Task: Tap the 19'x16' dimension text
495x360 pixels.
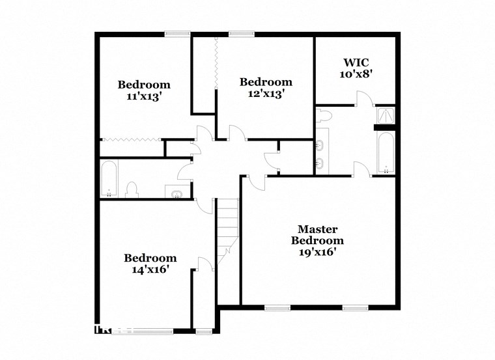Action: click(x=317, y=252)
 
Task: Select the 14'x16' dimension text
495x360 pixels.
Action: click(x=150, y=269)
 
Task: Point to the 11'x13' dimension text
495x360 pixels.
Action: click(x=143, y=96)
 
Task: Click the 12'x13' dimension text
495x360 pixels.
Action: click(x=266, y=93)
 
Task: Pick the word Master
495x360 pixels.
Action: click(x=317, y=228)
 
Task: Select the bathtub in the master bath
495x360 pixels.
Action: click(x=385, y=154)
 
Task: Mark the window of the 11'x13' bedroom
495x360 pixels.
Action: click(x=177, y=34)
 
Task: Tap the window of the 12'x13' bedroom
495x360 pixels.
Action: click(x=241, y=34)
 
